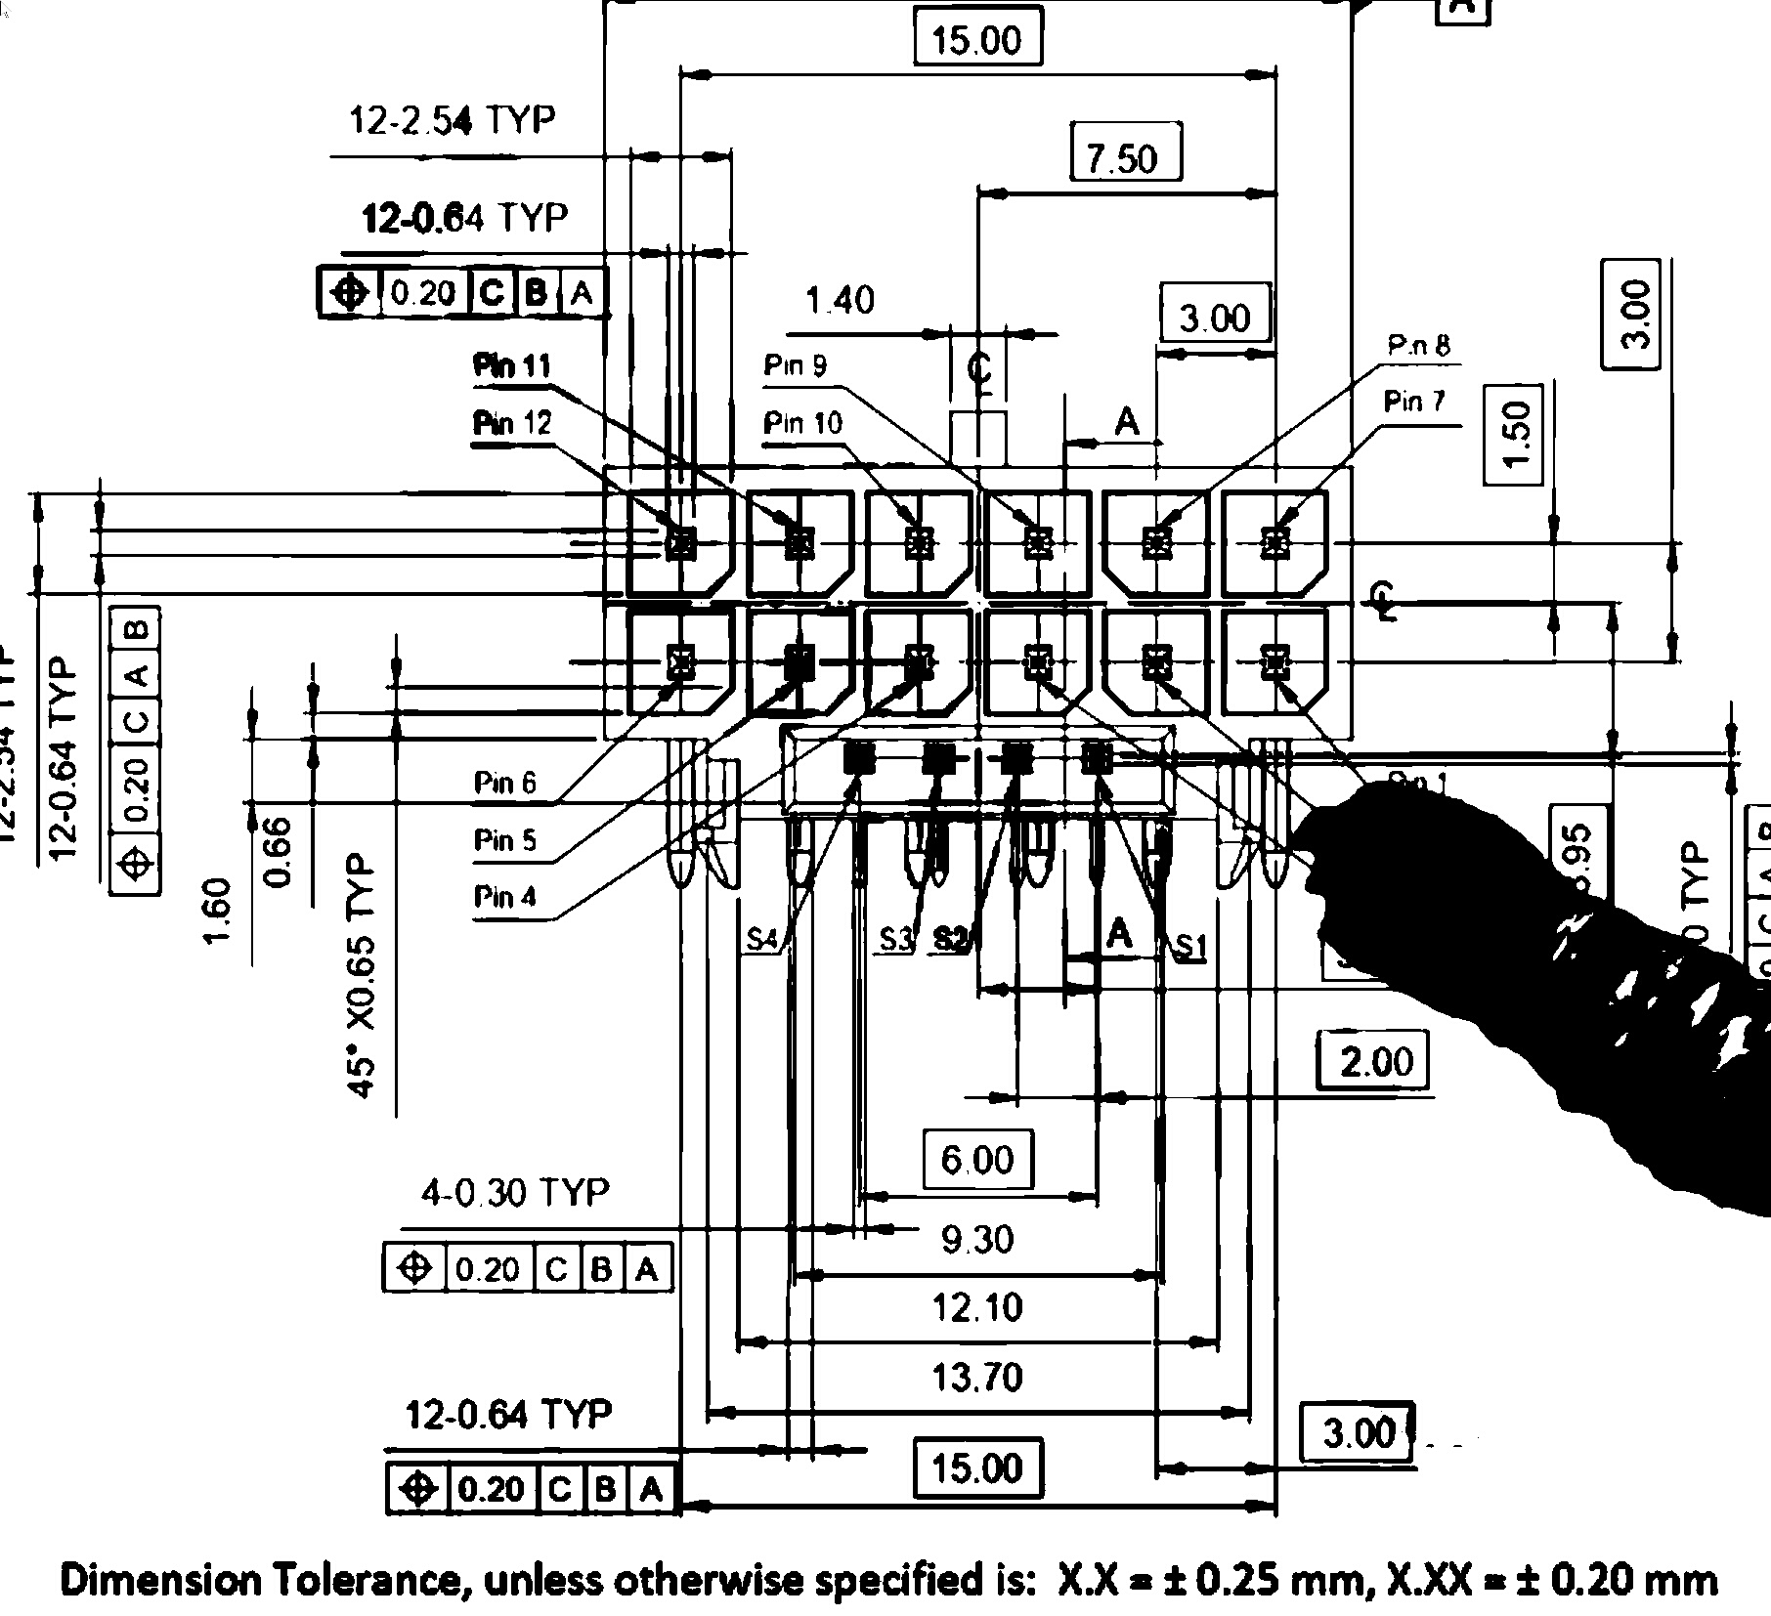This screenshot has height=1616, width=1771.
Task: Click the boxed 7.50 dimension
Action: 1126,156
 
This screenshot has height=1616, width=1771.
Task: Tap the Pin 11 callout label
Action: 512,366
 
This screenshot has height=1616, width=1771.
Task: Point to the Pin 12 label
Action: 512,423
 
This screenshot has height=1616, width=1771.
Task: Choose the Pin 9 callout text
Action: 795,365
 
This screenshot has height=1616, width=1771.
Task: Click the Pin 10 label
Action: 802,423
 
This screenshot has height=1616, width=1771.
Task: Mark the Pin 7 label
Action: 1413,401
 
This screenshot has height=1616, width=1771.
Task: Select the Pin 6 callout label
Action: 504,782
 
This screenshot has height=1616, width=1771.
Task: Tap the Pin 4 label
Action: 504,896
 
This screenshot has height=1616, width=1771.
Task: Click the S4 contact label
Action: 761,939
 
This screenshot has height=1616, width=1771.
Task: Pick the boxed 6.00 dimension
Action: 977,1160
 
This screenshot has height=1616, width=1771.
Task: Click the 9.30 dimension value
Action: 977,1239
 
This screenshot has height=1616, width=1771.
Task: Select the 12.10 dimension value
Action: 977,1307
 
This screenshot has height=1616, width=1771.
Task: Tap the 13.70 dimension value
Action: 977,1378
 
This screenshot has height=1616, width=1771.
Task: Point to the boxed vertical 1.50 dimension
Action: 1513,434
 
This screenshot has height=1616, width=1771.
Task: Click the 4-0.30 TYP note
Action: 514,1192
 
